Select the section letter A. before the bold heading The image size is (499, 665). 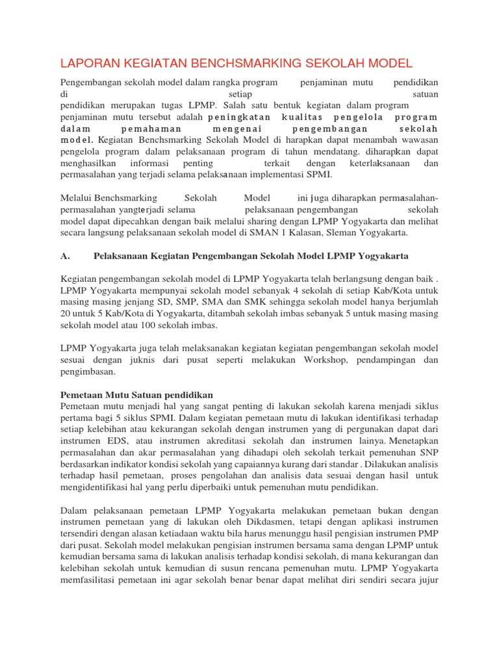[65, 255]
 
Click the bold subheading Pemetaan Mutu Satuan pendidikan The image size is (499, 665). [136, 394]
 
